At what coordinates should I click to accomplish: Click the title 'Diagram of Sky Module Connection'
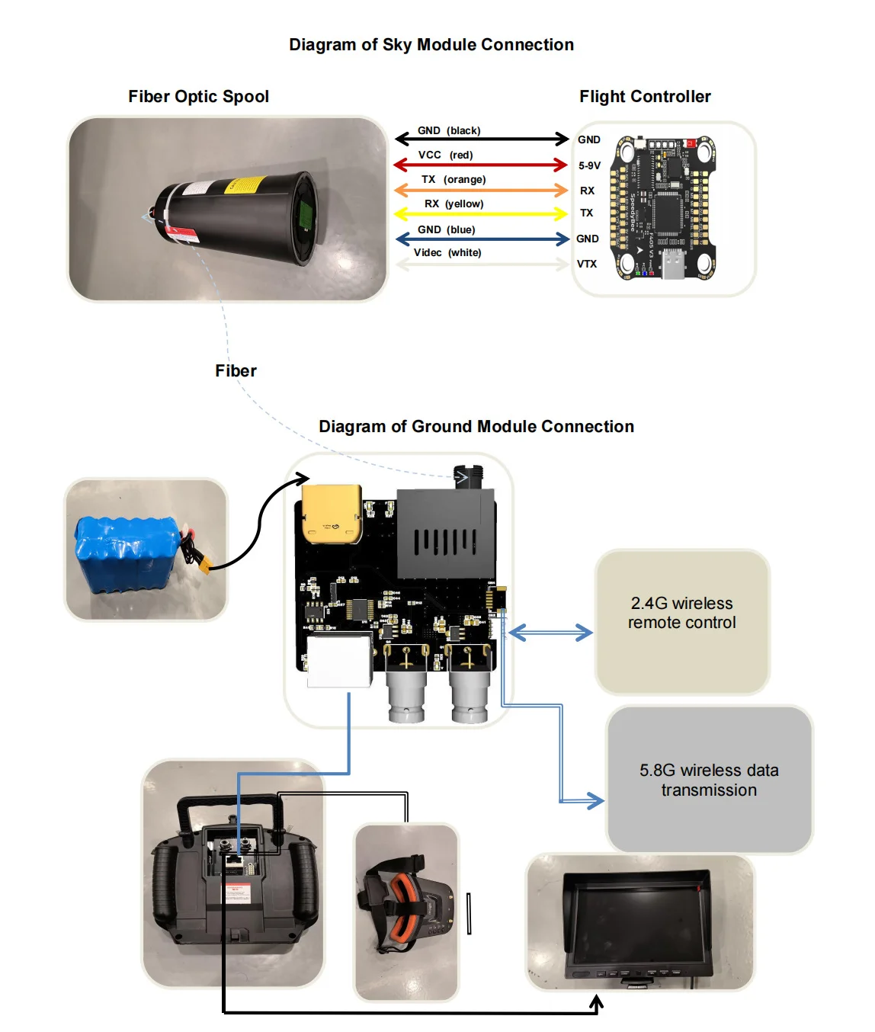click(x=431, y=45)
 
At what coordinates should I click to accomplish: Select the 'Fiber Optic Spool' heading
click(x=198, y=97)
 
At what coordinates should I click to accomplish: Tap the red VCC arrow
click(x=480, y=165)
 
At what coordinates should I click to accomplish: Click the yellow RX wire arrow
click(x=480, y=214)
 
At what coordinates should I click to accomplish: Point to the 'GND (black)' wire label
click(x=448, y=130)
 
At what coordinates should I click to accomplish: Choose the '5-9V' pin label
click(x=589, y=165)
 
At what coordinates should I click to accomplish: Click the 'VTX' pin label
click(x=587, y=264)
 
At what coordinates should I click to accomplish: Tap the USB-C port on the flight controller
click(x=674, y=263)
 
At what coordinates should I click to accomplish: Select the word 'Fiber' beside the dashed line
click(x=236, y=371)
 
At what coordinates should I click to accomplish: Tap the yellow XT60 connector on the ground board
click(x=332, y=514)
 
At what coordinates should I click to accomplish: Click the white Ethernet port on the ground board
click(x=340, y=660)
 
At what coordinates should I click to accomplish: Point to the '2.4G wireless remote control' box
click(x=681, y=621)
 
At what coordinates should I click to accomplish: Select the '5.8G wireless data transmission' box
click(x=709, y=780)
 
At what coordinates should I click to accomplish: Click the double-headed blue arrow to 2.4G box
click(x=550, y=633)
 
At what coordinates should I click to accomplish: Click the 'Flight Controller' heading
click(x=645, y=97)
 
